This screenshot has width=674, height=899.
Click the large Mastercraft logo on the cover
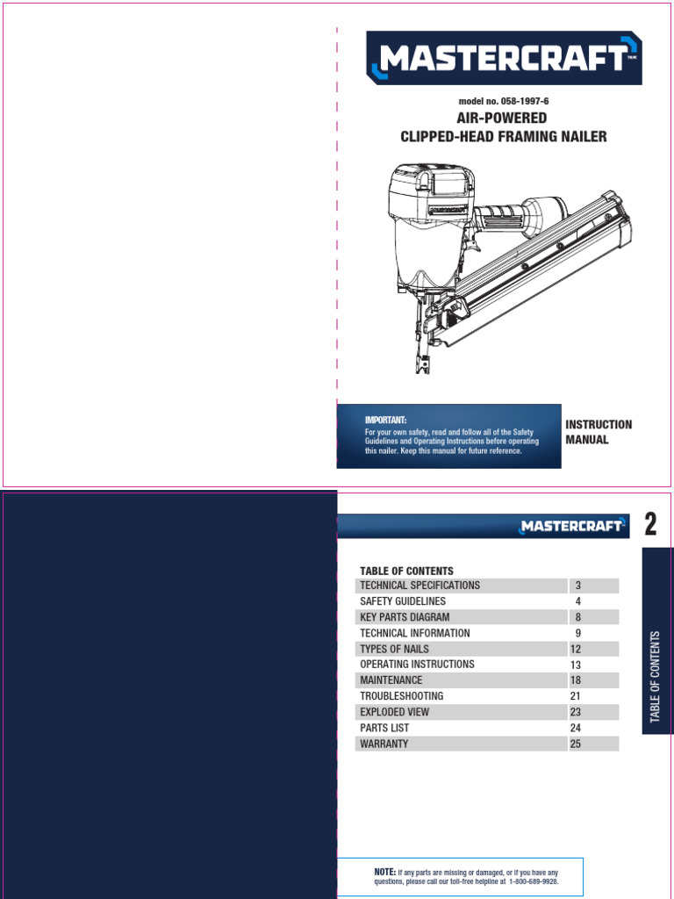(x=504, y=58)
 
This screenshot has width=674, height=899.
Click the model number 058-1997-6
(x=504, y=102)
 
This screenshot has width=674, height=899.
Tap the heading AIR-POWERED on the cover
(x=502, y=119)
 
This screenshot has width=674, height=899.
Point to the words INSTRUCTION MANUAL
(x=598, y=432)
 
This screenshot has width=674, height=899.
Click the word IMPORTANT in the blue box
(x=386, y=421)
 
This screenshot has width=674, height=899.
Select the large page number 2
(x=650, y=525)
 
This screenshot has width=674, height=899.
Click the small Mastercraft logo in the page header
(x=571, y=526)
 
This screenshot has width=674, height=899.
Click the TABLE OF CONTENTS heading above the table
(x=406, y=571)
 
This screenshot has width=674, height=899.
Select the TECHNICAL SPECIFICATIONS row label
(x=419, y=586)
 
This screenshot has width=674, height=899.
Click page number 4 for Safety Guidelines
(x=578, y=601)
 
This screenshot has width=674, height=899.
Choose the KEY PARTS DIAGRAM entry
(x=405, y=617)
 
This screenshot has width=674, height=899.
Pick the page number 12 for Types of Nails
(x=576, y=649)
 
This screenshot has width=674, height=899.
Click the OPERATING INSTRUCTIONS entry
(x=417, y=665)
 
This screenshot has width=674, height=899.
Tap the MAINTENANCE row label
(x=391, y=680)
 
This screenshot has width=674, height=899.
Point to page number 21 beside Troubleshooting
(x=576, y=696)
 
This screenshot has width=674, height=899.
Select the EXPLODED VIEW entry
(x=394, y=712)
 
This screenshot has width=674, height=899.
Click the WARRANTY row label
(x=384, y=744)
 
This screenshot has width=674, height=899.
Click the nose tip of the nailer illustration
(x=423, y=369)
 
